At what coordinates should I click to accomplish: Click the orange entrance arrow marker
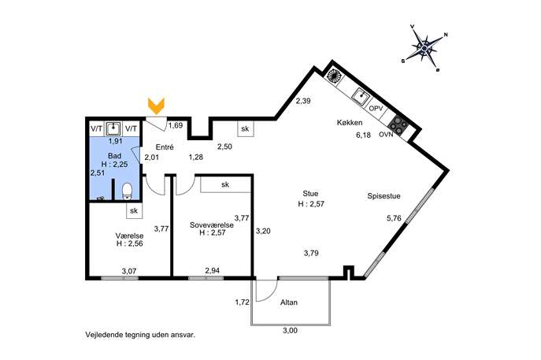(156, 106)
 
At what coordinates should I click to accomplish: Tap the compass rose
(424, 47)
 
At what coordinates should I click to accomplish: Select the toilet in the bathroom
(127, 191)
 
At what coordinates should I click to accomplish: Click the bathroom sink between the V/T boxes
(113, 128)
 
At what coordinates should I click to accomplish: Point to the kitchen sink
(361, 95)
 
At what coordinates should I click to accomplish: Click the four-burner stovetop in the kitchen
(398, 124)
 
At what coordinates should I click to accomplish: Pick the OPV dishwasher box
(376, 108)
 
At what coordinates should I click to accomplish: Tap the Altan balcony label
(289, 302)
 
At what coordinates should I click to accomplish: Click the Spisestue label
(384, 196)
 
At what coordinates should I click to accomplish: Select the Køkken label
(350, 123)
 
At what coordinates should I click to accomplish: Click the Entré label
(165, 147)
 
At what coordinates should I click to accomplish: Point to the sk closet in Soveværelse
(225, 184)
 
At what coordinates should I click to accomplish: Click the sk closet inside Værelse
(134, 210)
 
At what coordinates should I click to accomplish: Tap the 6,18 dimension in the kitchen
(363, 135)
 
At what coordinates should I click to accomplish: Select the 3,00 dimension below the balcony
(290, 331)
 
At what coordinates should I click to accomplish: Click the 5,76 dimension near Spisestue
(394, 218)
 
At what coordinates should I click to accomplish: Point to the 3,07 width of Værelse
(129, 271)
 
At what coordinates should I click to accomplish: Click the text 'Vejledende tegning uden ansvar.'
(140, 335)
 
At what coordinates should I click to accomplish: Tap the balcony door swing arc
(271, 294)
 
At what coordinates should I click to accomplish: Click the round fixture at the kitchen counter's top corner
(334, 76)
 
